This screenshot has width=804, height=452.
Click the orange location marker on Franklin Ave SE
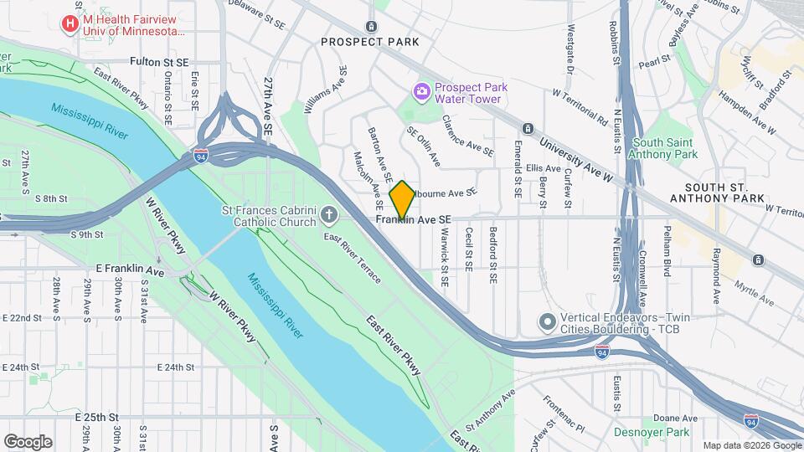click(x=402, y=199)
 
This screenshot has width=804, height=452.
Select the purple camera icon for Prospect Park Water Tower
click(x=421, y=90)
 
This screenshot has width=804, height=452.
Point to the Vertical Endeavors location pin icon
click(x=547, y=321)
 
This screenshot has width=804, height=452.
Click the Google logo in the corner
click(x=28, y=441)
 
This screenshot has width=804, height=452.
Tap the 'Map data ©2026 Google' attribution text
click(x=751, y=445)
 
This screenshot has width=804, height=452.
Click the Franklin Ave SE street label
click(x=415, y=219)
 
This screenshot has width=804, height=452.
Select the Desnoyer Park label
click(x=662, y=432)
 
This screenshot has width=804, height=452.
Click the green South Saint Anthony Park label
click(x=665, y=148)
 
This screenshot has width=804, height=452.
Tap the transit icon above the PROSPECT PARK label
click(x=371, y=26)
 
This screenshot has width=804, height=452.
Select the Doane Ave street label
click(x=670, y=417)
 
